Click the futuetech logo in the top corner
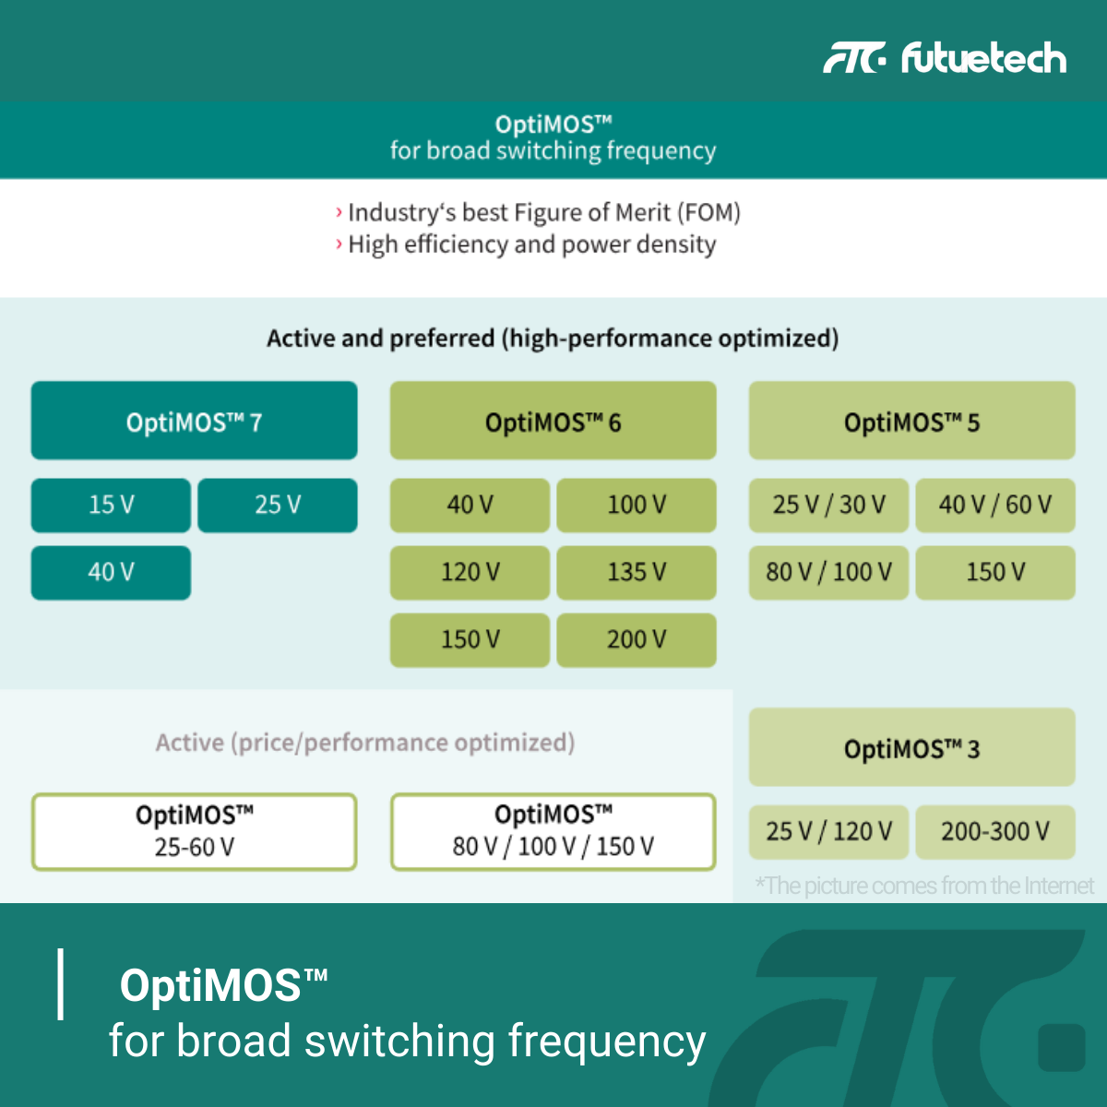tap(945, 58)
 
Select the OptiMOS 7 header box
tap(194, 421)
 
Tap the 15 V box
tap(111, 506)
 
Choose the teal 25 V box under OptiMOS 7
tap(278, 506)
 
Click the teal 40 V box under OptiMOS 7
tap(111, 573)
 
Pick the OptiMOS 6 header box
tap(553, 421)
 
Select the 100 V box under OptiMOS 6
tap(637, 506)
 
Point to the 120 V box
tap(470, 573)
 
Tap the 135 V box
tap(637, 573)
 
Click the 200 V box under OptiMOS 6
tap(637, 640)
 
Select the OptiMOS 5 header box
tap(912, 421)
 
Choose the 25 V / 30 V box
tap(829, 506)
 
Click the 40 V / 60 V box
tap(995, 506)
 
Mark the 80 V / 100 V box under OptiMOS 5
tap(829, 573)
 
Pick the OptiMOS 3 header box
tap(912, 747)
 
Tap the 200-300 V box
tap(995, 832)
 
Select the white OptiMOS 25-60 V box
tap(194, 832)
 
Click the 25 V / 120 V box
tap(829, 832)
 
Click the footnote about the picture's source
tap(924, 886)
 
